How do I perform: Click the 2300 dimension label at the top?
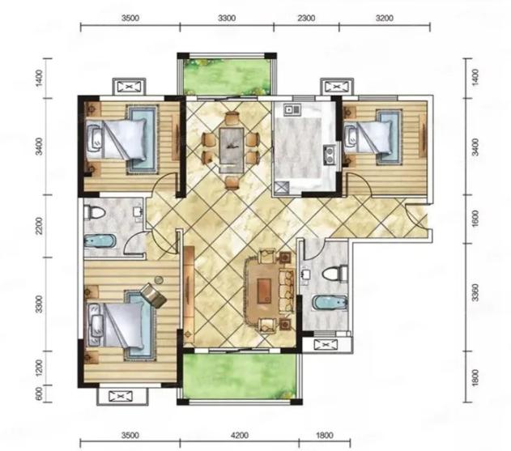[x=306, y=18]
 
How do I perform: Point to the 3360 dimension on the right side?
[x=475, y=292]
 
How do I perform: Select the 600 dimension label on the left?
[x=39, y=394]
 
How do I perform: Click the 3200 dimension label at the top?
[x=385, y=18]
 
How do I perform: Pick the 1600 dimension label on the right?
[x=475, y=219]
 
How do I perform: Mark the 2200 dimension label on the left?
[x=39, y=225]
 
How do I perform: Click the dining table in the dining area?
[x=232, y=150]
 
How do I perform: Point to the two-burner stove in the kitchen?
[x=329, y=154]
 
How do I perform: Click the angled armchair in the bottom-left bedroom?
[x=153, y=296]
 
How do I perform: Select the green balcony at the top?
[x=227, y=76]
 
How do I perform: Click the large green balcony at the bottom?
[x=241, y=376]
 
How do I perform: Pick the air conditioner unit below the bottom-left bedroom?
[x=121, y=396]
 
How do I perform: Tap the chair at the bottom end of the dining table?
[x=232, y=182]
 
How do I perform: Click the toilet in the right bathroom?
[x=334, y=273]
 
